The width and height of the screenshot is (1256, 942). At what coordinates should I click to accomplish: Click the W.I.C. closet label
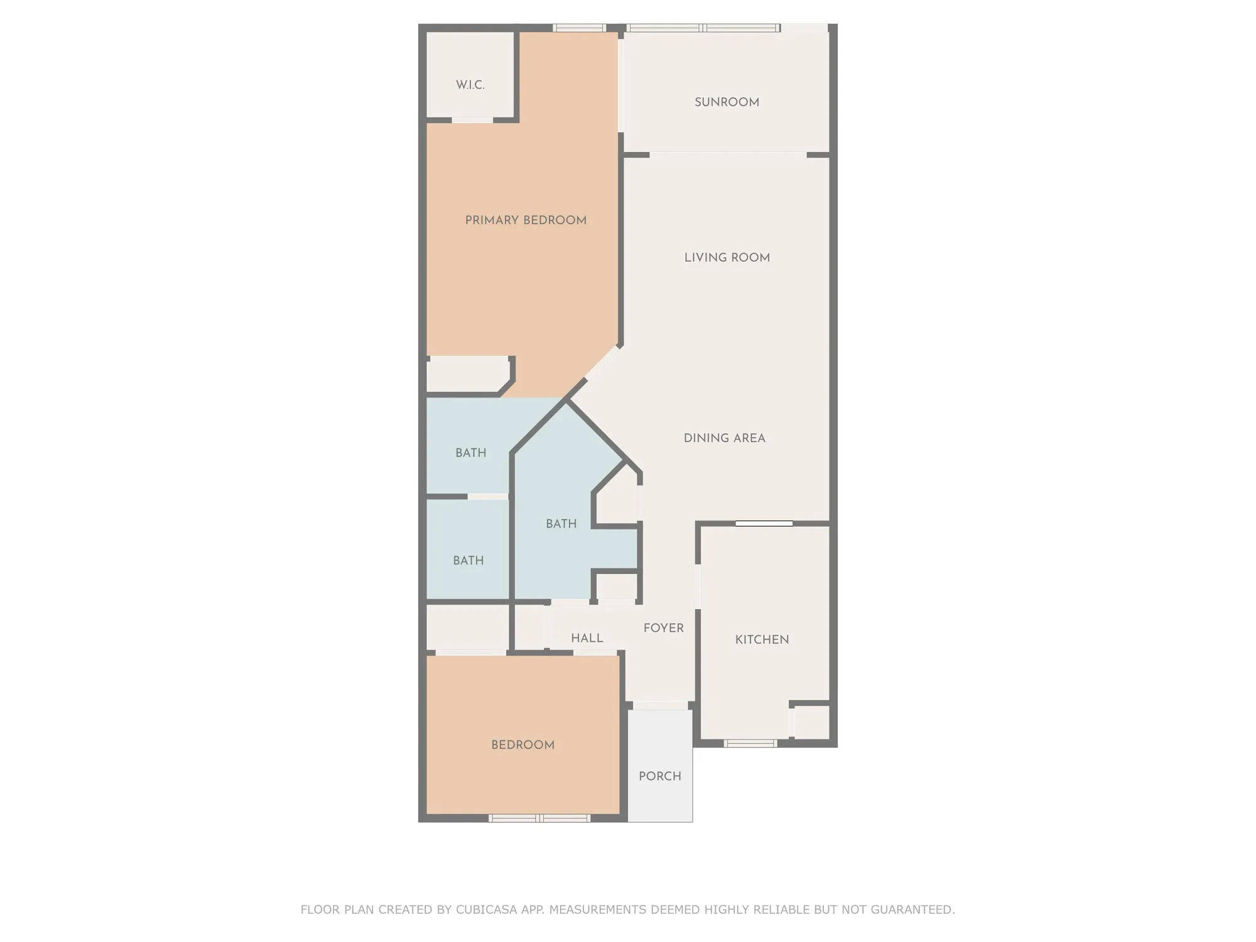470,85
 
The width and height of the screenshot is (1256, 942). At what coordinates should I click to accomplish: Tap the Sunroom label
727,102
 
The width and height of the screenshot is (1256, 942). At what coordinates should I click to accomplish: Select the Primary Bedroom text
526,220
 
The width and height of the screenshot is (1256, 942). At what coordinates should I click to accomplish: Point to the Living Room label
727,257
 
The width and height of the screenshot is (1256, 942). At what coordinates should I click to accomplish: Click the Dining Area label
724,438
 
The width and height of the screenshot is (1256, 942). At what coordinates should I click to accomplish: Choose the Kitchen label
762,640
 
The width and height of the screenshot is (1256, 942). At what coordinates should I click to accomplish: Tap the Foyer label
663,628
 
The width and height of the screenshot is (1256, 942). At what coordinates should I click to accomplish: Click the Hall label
587,638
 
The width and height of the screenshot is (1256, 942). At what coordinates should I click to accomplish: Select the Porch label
659,776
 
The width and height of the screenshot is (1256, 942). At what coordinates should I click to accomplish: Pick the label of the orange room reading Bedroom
522,745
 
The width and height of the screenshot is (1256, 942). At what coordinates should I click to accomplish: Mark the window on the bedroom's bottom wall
539,818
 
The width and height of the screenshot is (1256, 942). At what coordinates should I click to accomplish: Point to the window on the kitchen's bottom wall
750,744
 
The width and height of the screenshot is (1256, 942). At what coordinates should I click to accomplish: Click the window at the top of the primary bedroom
579,28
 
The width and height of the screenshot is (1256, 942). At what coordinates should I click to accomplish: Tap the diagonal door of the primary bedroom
602,364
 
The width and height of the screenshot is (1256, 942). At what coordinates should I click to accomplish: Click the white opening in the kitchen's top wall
764,523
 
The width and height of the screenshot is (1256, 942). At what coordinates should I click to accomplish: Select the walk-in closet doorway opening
472,120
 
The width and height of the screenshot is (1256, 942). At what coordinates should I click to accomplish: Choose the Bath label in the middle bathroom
561,524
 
